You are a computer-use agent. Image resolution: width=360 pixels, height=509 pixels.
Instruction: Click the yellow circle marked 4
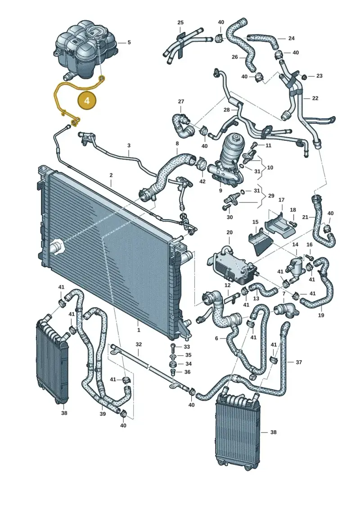pyautogui.click(x=87, y=100)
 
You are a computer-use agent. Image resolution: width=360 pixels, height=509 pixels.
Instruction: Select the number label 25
pyautogui.click(x=180, y=23)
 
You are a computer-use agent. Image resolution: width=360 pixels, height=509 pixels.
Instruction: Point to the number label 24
pyautogui.click(x=291, y=38)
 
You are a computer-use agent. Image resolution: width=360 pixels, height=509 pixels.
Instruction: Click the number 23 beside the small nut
pyautogui.click(x=319, y=76)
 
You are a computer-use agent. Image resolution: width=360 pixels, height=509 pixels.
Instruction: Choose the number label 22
pyautogui.click(x=315, y=98)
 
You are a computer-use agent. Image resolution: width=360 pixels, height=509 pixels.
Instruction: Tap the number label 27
pyautogui.click(x=181, y=102)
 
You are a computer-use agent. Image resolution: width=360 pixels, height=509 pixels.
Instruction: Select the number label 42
pyautogui.click(x=202, y=181)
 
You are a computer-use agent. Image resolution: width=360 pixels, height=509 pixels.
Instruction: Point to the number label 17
pyautogui.click(x=281, y=200)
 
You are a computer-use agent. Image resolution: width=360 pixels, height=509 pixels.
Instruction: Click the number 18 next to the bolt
pyautogui.click(x=293, y=210)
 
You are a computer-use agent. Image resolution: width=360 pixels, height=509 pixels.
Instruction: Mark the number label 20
pyautogui.click(x=229, y=232)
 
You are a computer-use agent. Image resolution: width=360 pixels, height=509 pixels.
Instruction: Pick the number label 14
pyautogui.click(x=295, y=244)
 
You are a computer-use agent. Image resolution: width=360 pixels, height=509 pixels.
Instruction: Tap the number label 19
pyautogui.click(x=321, y=315)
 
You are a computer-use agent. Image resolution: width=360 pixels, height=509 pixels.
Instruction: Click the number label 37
pyautogui.click(x=299, y=362)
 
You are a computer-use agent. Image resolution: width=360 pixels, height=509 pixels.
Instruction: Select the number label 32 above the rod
pyautogui.click(x=139, y=344)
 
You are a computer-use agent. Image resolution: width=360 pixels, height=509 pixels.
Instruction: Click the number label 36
pyautogui.click(x=187, y=372)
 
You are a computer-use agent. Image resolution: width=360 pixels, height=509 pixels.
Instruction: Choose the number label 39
pyautogui.click(x=103, y=414)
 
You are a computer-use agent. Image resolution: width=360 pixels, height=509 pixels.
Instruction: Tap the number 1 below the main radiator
pyautogui.click(x=139, y=330)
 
